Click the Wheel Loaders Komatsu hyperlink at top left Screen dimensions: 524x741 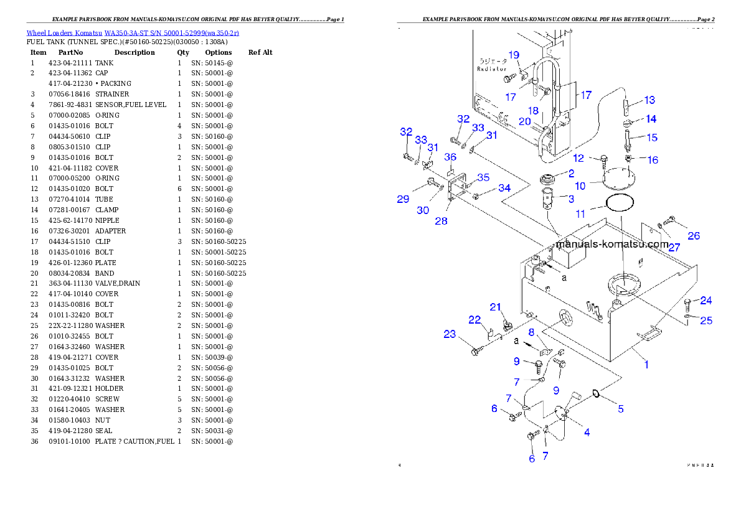pyautogui.click(x=132, y=33)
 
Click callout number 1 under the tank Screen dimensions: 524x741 pyautogui.click(x=646, y=365)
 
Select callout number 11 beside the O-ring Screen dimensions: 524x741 pyautogui.click(x=580, y=213)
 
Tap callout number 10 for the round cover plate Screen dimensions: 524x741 pyautogui.click(x=580, y=186)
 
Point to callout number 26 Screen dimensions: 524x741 pyautogui.click(x=694, y=236)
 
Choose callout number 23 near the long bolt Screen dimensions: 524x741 pyautogui.click(x=450, y=334)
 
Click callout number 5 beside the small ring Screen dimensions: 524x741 pyautogui.click(x=620, y=409)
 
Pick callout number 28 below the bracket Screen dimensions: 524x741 pyautogui.click(x=441, y=222)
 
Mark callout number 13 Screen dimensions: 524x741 pyautogui.click(x=649, y=100)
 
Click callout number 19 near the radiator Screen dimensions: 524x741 pyautogui.click(x=514, y=55)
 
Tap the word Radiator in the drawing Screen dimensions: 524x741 pyautogui.click(x=491, y=69)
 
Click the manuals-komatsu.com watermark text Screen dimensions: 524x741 pyautogui.click(x=612, y=245)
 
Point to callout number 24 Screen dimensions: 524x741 pyautogui.click(x=706, y=301)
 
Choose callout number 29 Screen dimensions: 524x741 pyautogui.click(x=404, y=199)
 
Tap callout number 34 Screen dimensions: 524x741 pyautogui.click(x=504, y=188)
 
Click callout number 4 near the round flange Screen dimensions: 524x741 pyautogui.click(x=587, y=433)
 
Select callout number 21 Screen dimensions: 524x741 pyautogui.click(x=496, y=307)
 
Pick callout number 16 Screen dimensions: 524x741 pyautogui.click(x=653, y=160)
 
